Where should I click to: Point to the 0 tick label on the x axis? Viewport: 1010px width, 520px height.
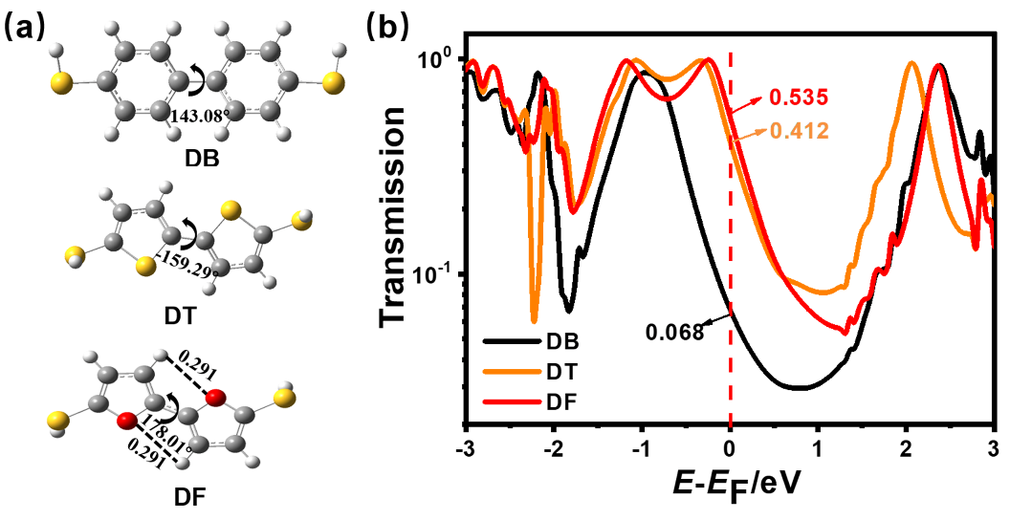(x=730, y=450)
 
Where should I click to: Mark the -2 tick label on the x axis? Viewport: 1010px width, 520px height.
(x=553, y=450)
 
